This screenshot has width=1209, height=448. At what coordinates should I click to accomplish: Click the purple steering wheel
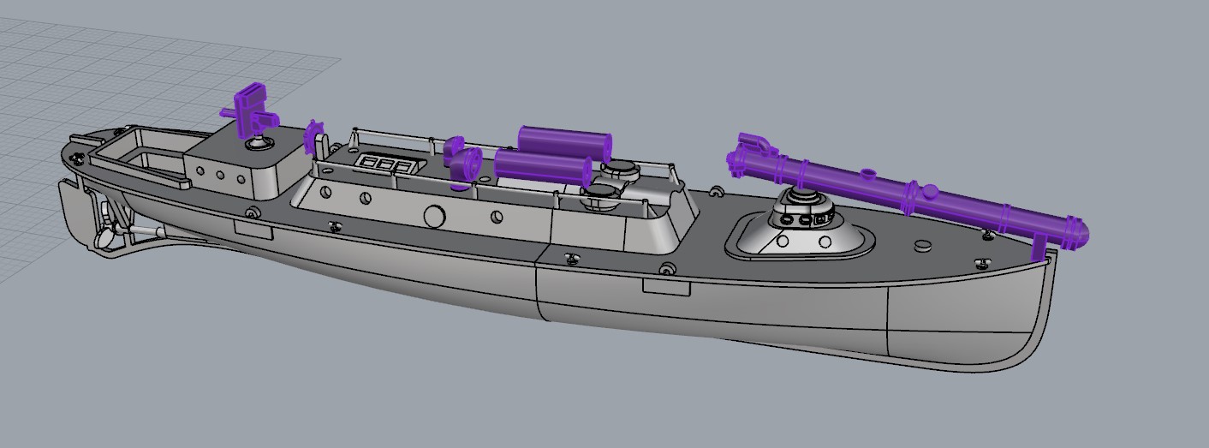tap(314, 140)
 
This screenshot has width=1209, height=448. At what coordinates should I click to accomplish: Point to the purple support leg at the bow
tap(1039, 247)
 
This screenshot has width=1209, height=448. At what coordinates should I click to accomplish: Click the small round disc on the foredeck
tap(922, 246)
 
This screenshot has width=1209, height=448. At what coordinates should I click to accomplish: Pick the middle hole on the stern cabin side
tap(220, 176)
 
